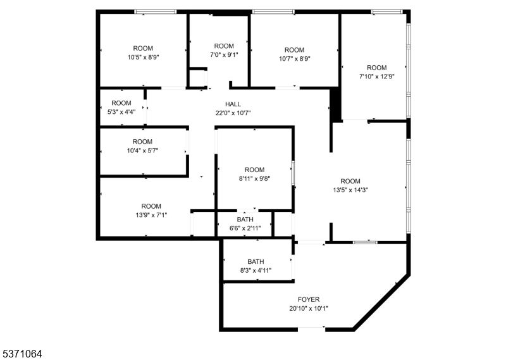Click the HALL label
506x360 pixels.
tap(233, 104)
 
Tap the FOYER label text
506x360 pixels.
tap(309, 299)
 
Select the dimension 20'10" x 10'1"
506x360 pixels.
tap(309, 309)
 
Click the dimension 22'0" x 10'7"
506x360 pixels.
tap(233, 114)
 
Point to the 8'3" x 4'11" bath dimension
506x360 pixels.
tap(256, 271)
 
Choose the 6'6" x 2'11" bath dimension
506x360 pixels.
tap(245, 228)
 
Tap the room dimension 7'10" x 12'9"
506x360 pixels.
tap(376, 77)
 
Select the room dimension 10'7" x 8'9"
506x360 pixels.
tap(294, 59)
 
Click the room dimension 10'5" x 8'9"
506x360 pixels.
tap(143, 58)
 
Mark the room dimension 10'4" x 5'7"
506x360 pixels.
tap(142, 151)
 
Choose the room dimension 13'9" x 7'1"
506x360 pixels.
tap(151, 215)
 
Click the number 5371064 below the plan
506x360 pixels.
tap(22, 353)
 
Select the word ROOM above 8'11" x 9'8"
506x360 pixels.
tap(254, 170)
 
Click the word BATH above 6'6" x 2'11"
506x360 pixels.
tap(245, 220)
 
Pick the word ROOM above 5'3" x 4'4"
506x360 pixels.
tap(121, 103)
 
